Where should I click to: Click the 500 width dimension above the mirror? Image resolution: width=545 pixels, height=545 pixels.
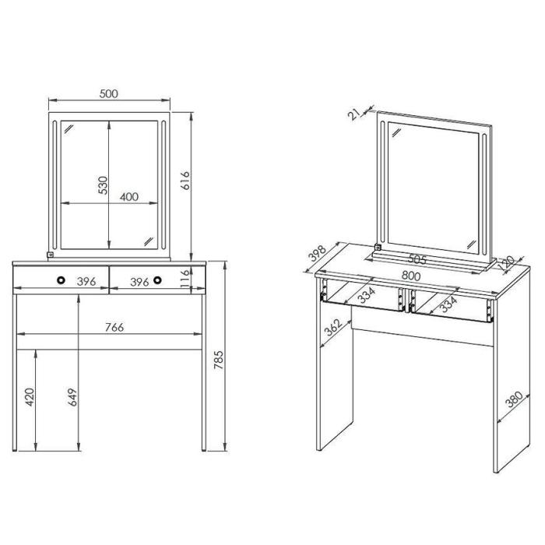109,93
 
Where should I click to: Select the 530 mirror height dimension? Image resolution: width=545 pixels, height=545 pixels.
104,185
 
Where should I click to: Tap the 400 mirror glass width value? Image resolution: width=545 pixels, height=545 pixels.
129,197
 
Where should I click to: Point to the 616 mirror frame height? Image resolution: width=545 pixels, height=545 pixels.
185,181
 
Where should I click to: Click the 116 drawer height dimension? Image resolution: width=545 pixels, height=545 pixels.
185,277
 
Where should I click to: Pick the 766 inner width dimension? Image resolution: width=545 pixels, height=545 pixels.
114,327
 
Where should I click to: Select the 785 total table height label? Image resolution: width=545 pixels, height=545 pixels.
218,360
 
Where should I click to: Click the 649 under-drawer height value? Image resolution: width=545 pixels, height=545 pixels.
72,397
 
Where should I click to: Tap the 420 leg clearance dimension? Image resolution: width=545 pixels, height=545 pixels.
30,397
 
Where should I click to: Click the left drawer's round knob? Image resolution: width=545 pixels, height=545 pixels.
62,280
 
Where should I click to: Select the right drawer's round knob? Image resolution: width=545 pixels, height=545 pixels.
157,280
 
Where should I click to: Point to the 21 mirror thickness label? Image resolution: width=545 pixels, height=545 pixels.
354,114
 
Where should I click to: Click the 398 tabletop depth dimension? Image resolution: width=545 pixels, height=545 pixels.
318,253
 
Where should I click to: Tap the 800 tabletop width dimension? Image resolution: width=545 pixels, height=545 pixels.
411,276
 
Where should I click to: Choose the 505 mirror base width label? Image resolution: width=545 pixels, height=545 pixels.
417,259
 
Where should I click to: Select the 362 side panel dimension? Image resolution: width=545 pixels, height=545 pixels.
333,328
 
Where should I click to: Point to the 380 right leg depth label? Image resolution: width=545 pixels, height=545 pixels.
514,399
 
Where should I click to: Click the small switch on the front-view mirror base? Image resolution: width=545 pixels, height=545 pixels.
50,255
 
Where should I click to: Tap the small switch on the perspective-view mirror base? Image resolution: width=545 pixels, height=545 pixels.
378,247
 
